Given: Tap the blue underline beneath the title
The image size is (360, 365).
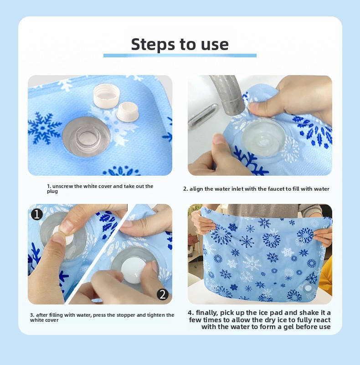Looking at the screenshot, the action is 180,56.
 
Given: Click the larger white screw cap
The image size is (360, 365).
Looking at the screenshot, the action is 107,96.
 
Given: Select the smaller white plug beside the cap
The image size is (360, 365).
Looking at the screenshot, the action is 128,111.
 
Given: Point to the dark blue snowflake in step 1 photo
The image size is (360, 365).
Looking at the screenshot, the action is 43,127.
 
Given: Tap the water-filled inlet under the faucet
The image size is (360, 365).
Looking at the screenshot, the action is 263,137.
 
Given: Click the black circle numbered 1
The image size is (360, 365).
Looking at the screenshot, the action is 37,214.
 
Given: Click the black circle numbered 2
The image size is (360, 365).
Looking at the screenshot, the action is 163,294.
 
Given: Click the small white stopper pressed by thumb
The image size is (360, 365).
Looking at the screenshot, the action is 63,235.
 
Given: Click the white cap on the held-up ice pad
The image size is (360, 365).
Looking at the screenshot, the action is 308,288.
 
